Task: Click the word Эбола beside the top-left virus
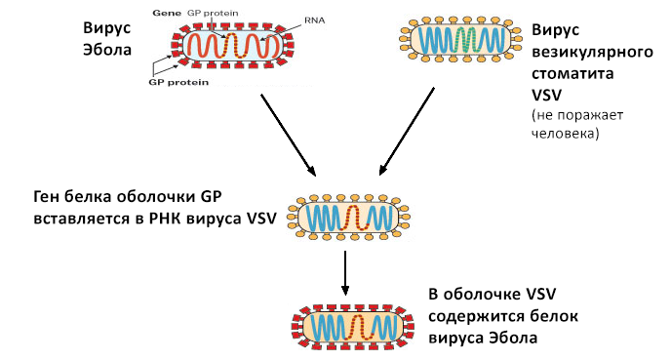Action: pyautogui.click(x=107, y=49)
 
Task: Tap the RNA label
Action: pyautogui.click(x=314, y=20)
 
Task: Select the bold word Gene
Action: pyautogui.click(x=167, y=13)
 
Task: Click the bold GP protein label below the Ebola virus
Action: pyautogui.click(x=178, y=82)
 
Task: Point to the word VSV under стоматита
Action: pyautogui.click(x=546, y=95)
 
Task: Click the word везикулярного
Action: pyautogui.click(x=592, y=52)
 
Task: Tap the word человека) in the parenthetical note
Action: pyautogui.click(x=565, y=133)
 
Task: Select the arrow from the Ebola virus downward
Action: pyautogui.click(x=288, y=135)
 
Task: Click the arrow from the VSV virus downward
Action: pyautogui.click(x=407, y=132)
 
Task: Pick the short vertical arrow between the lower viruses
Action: pyautogui.click(x=345, y=272)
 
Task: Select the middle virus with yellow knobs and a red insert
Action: pyautogui.click(x=348, y=218)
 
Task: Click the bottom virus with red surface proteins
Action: pyautogui.click(x=353, y=329)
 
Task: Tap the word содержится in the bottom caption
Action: pyautogui.click(x=475, y=316)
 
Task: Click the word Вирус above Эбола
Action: pyautogui.click(x=106, y=28)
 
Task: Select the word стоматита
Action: pyautogui.click(x=572, y=73)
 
